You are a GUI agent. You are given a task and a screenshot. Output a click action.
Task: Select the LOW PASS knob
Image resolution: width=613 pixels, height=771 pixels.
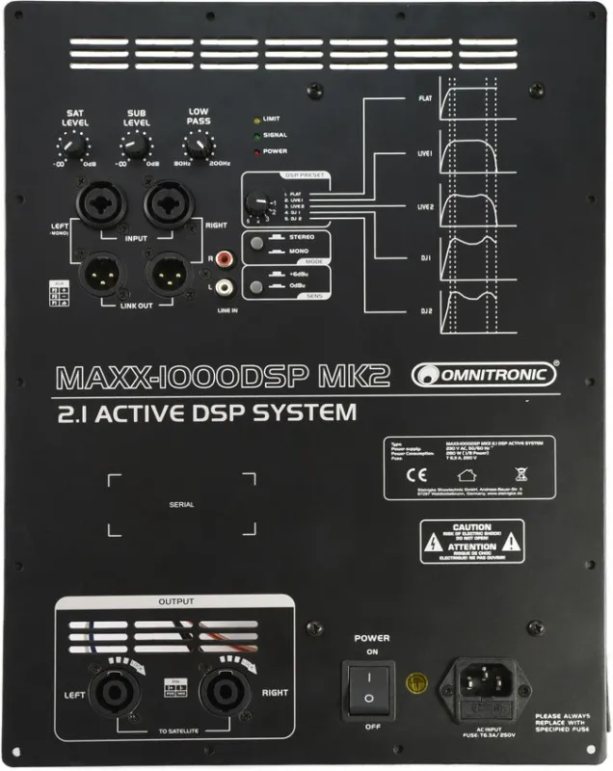point(199,146)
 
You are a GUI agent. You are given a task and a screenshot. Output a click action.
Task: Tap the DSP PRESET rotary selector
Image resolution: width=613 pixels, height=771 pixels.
point(257,203)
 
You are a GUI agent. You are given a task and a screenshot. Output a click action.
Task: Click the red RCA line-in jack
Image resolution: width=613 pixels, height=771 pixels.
point(225,259)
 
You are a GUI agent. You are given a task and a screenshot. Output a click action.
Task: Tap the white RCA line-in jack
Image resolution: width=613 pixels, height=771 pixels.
point(225,286)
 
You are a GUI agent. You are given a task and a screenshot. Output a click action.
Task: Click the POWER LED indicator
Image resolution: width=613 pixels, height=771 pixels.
point(255,150)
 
